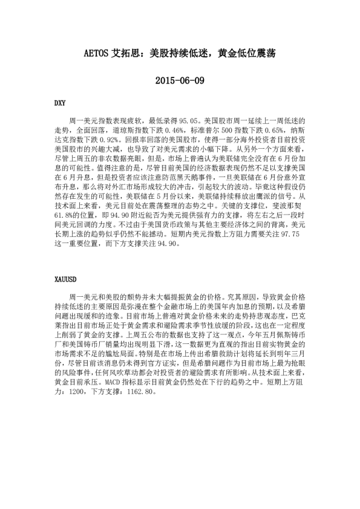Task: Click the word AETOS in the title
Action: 96,53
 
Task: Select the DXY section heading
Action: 61,103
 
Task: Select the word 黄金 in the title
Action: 220,53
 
